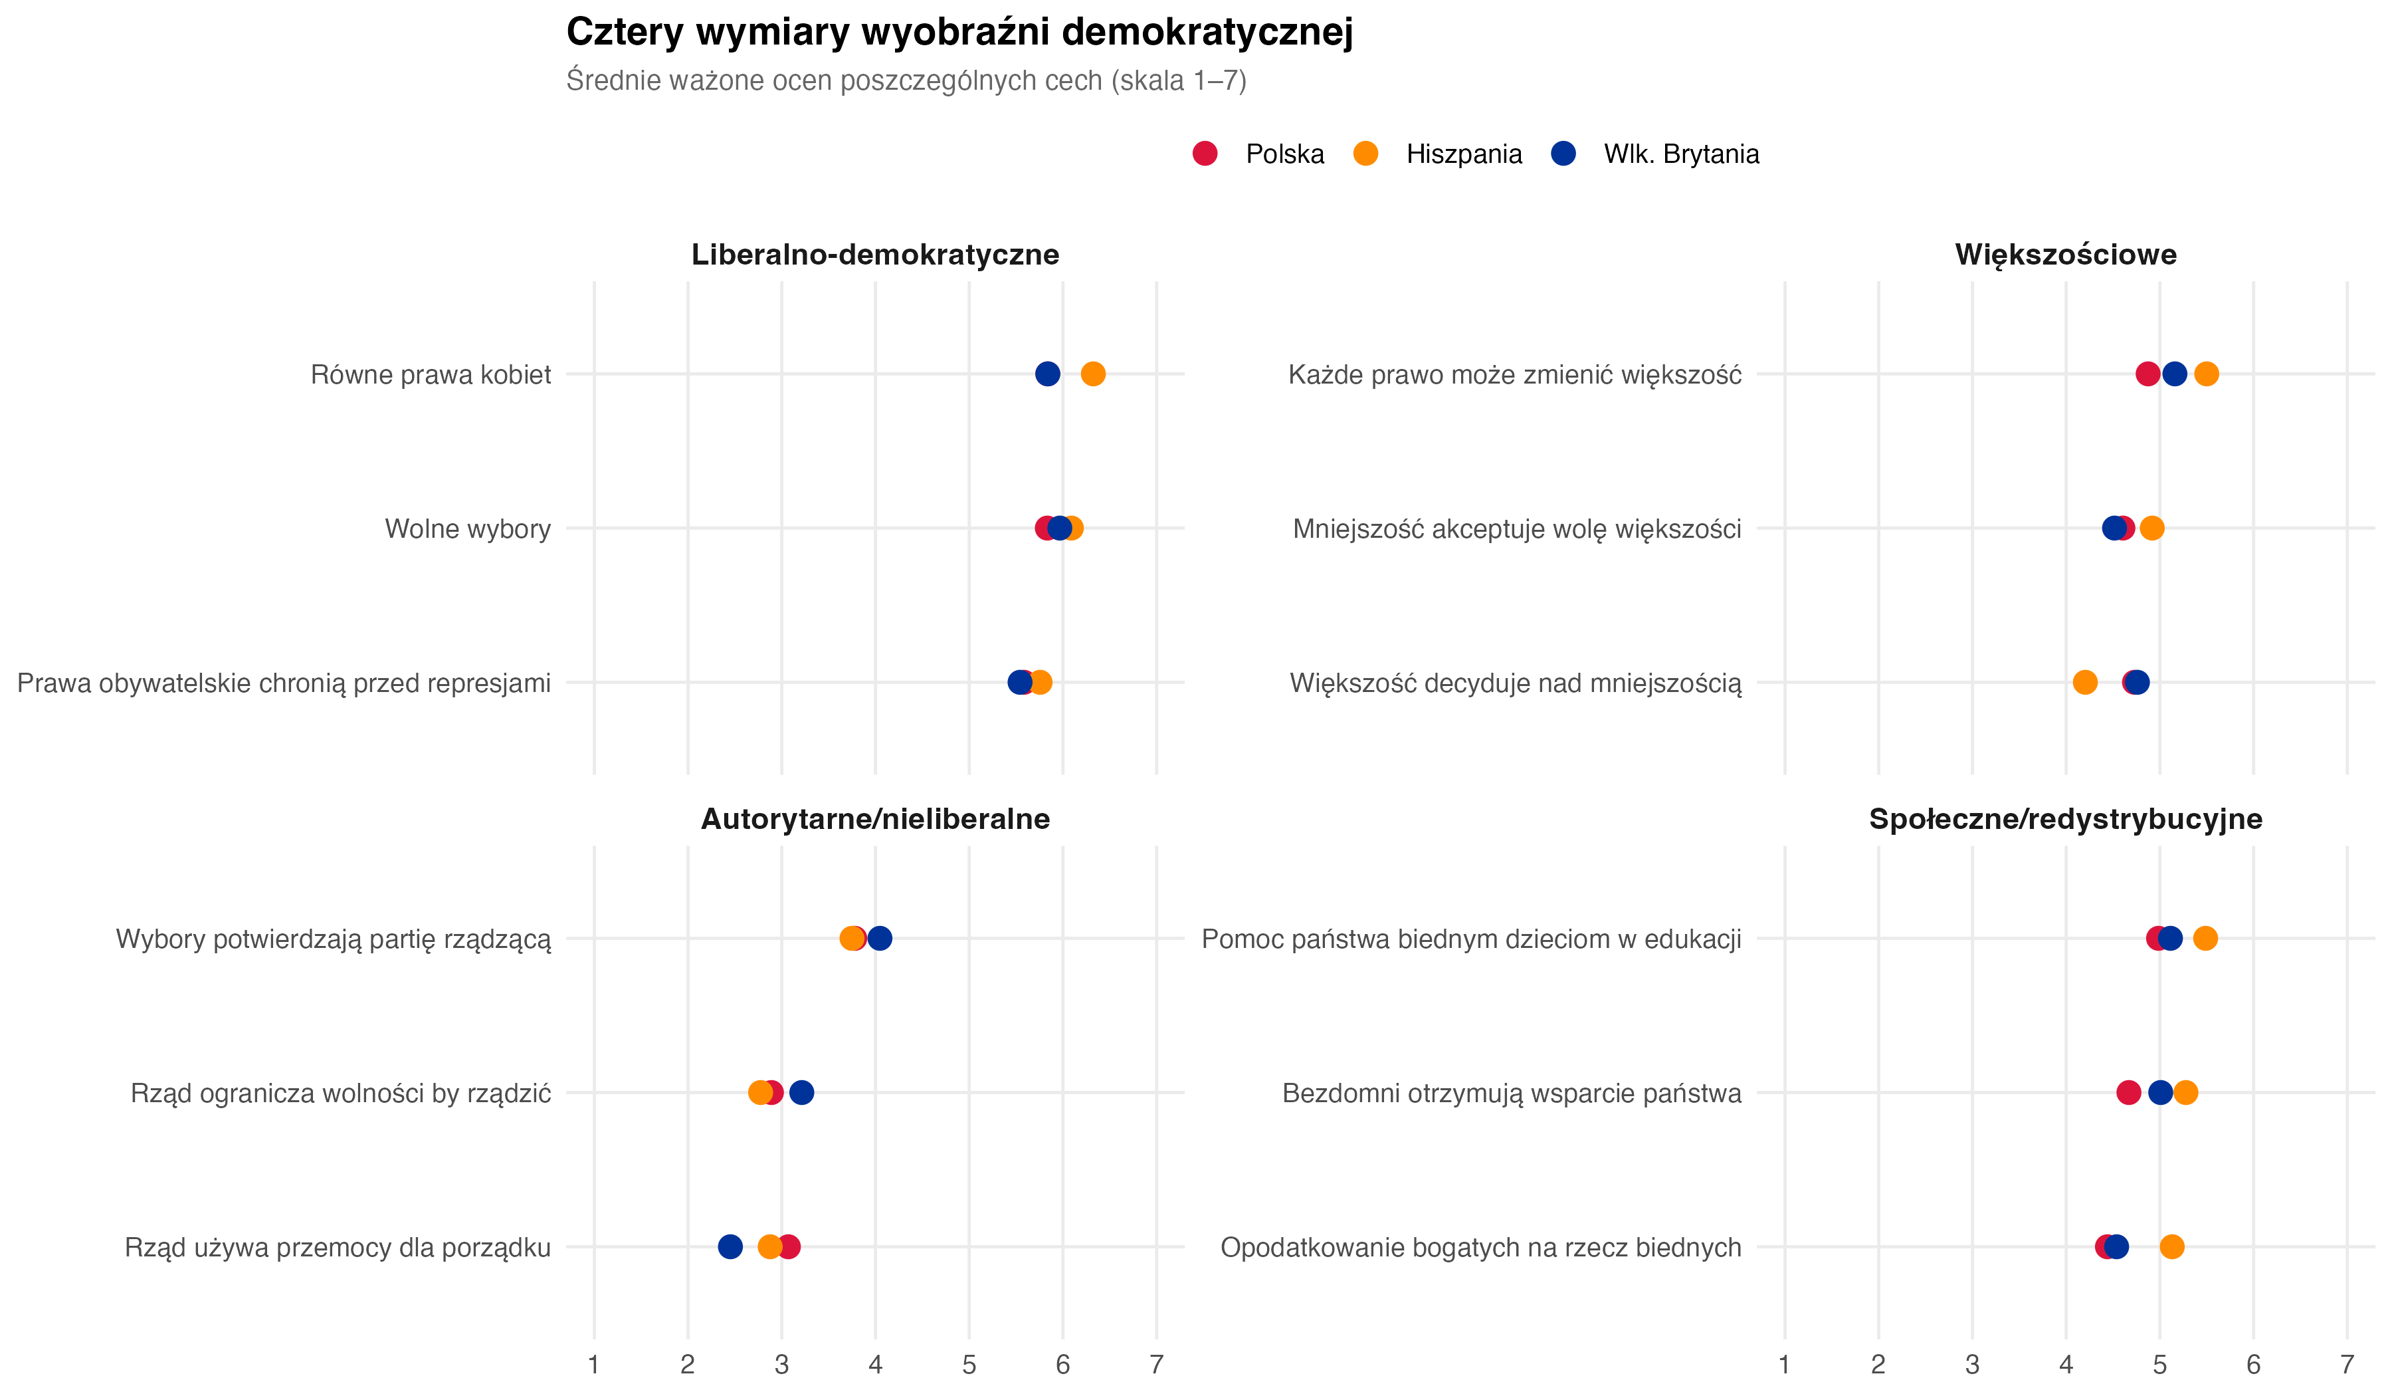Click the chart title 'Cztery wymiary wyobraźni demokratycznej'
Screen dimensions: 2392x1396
click(959, 33)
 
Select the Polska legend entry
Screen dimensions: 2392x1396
click(1258, 154)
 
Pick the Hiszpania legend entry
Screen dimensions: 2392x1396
click(1437, 154)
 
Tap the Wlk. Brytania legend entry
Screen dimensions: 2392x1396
click(1654, 154)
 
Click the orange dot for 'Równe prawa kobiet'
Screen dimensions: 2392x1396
click(1094, 374)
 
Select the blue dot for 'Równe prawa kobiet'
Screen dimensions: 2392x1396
click(1047, 374)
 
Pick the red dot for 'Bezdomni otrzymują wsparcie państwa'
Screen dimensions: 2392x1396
click(2129, 1093)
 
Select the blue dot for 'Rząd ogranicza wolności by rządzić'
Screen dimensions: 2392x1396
click(802, 1093)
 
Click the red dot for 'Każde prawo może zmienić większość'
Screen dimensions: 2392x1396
click(2148, 374)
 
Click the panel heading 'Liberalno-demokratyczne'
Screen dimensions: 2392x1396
click(875, 255)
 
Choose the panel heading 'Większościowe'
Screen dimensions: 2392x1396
click(2066, 255)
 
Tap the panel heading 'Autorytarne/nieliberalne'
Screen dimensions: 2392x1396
click(875, 818)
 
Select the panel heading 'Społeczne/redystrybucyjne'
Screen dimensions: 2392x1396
click(2066, 818)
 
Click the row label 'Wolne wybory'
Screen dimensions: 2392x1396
click(468, 529)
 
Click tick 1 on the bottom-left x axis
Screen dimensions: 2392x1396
click(594, 1365)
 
